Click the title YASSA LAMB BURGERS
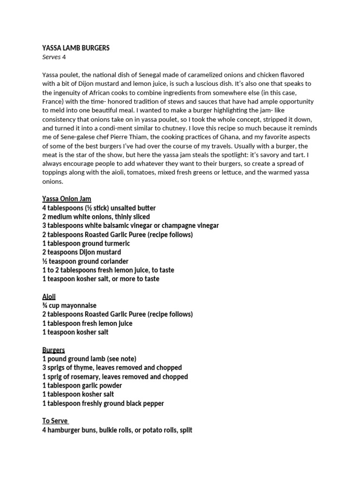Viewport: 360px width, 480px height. click(76, 48)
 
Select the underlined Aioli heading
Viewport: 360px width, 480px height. click(49, 297)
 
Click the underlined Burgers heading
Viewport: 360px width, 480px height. click(53, 350)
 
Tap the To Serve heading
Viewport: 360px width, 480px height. click(55, 421)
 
